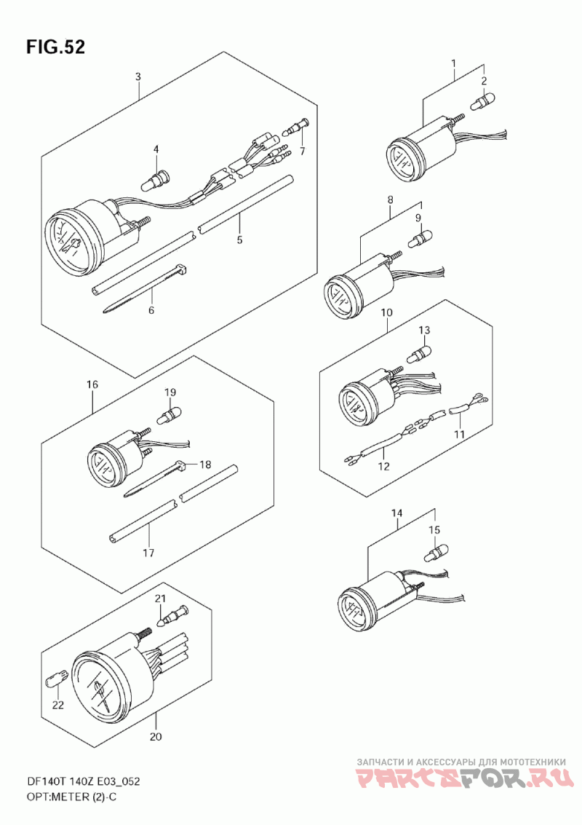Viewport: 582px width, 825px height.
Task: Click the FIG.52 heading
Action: click(55, 47)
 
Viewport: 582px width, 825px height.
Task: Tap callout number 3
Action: click(137, 76)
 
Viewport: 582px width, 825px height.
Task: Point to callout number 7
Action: click(303, 152)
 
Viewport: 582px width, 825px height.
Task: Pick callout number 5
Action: click(239, 240)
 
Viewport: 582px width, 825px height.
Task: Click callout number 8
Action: click(390, 200)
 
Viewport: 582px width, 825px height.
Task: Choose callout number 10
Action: click(386, 312)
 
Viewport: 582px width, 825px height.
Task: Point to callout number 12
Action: click(384, 466)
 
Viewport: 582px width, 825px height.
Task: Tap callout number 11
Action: click(460, 435)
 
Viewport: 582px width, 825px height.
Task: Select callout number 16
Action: click(92, 385)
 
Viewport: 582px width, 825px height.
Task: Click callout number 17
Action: click(149, 553)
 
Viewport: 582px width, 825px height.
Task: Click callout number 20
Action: click(155, 737)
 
